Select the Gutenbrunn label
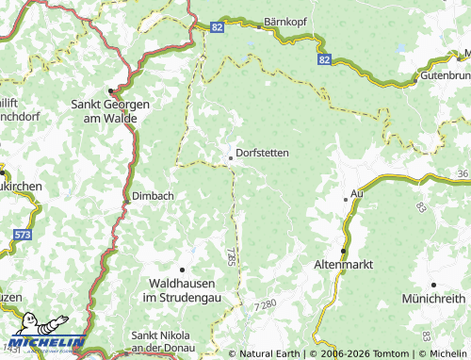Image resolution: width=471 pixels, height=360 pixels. coord(445,74)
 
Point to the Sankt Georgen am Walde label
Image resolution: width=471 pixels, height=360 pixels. coord(111,112)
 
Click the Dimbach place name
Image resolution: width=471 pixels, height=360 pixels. coord(147,196)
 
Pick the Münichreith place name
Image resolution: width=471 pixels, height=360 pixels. coord(433,298)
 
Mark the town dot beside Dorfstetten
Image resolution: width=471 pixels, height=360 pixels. coord(231,158)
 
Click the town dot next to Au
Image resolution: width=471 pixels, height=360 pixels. coord(345,199)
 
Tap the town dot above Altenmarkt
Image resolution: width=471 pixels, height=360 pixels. coord(344,251)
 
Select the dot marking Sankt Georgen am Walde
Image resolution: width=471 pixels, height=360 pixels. coord(110,92)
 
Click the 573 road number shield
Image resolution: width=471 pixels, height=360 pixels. coord(22,233)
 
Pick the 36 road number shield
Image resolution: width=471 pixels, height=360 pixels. coord(462,174)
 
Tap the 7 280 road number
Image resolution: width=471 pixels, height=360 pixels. coord(267,303)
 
